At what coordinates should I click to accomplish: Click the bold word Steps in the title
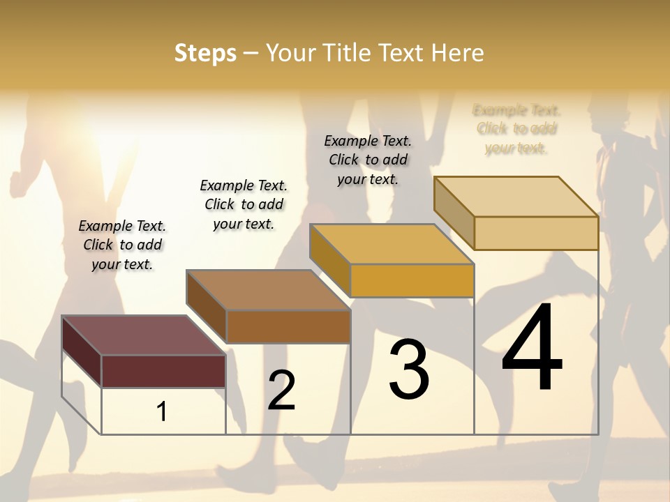point(205,53)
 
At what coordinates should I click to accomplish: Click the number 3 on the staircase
point(409,369)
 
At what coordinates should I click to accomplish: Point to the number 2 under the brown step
point(282,390)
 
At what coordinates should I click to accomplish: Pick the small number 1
point(162,411)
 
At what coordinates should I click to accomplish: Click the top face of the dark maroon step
point(144,335)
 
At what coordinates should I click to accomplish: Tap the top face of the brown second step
point(268,290)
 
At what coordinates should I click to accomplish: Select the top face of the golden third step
point(392,244)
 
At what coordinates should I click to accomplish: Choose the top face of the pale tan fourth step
point(516,197)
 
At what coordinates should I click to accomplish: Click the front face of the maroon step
point(164,371)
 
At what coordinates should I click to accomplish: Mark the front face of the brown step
point(288,326)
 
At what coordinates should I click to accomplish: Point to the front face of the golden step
point(412,280)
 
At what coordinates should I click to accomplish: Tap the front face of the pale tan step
point(536,233)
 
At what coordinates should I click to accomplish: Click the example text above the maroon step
point(122,245)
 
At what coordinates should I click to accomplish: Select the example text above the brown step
point(244,204)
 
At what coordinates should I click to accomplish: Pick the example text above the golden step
point(368,160)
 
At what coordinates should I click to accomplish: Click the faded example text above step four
point(516,129)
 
